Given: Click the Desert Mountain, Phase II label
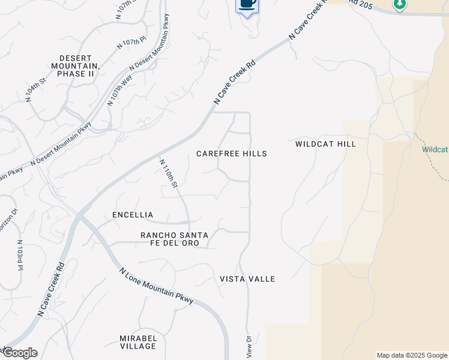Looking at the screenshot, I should pos(74,65).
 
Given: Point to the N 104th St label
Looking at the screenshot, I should pos(36,89).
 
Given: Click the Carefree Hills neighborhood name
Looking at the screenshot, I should pos(232,154).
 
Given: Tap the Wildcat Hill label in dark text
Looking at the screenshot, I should pos(325,144).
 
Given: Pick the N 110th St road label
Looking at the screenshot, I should pos(169,173).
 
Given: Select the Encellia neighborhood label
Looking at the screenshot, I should pos(133,215).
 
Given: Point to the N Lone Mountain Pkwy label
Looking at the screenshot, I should pos(156,287).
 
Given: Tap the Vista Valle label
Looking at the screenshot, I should pos(247,279).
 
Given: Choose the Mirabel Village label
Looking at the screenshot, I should pos(137,342).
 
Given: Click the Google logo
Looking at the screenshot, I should pos(19,353).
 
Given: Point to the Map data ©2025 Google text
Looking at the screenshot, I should pos(412,355).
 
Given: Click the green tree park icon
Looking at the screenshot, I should pos(400,4).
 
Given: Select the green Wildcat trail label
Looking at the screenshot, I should pos(435,149).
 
